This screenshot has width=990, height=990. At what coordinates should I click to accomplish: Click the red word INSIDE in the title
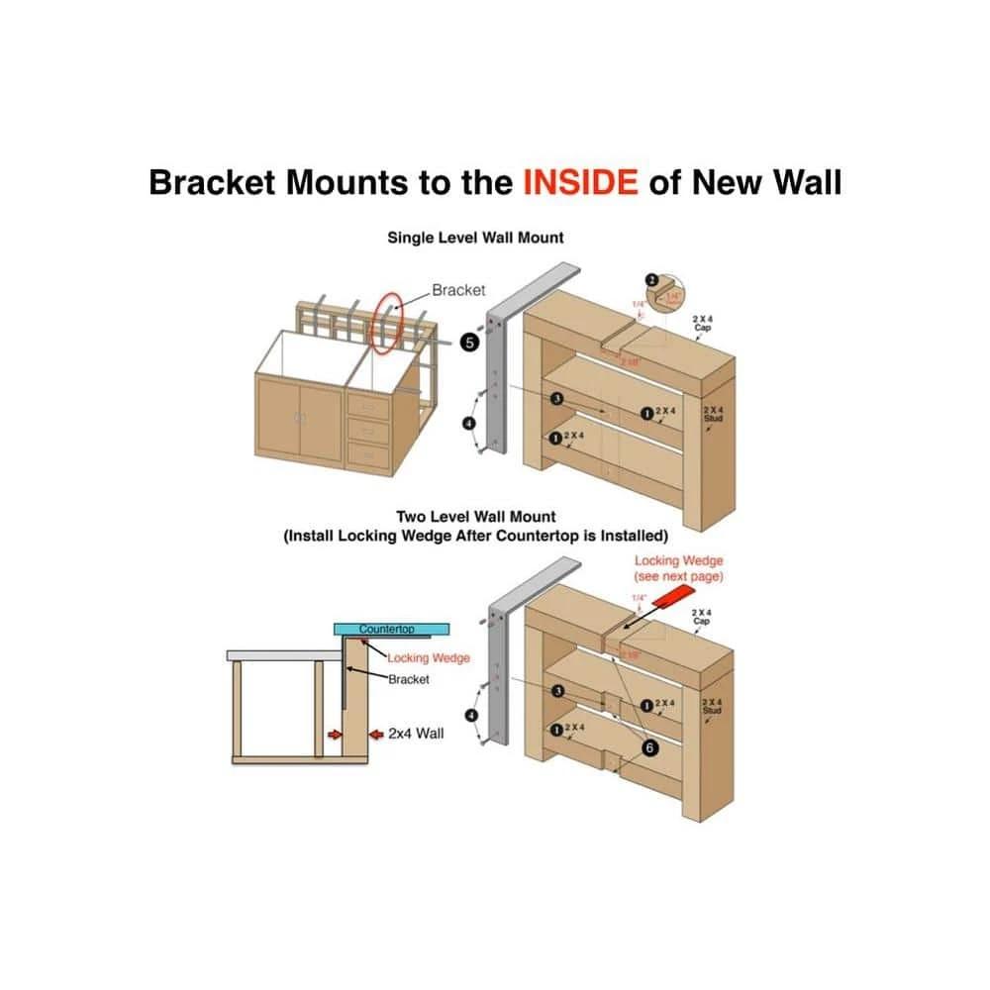coord(580,182)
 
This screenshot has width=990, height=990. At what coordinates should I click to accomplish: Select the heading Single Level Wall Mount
coord(475,238)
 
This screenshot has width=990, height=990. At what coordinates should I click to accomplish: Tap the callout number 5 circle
coord(470,343)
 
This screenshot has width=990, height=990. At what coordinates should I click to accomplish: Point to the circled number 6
coord(649,747)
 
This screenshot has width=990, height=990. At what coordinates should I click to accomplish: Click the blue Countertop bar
coord(392,630)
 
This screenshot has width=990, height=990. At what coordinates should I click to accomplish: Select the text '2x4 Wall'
coord(416,734)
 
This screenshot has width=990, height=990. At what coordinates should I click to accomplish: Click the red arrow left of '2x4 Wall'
coord(375,735)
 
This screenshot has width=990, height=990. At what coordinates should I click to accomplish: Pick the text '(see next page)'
coord(678,576)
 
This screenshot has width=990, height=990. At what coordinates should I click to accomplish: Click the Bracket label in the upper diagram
coord(458,290)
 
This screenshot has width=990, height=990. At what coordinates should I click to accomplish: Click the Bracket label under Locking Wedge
coord(408,679)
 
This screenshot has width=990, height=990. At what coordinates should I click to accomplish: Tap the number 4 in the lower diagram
coord(471,715)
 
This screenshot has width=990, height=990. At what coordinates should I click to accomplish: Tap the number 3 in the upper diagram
coord(557,398)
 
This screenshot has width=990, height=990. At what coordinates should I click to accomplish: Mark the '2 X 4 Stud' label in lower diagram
coord(712,706)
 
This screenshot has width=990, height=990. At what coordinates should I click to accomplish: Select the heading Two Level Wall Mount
coord(475,516)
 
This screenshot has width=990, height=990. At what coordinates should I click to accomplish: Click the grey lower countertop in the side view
coord(282,655)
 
